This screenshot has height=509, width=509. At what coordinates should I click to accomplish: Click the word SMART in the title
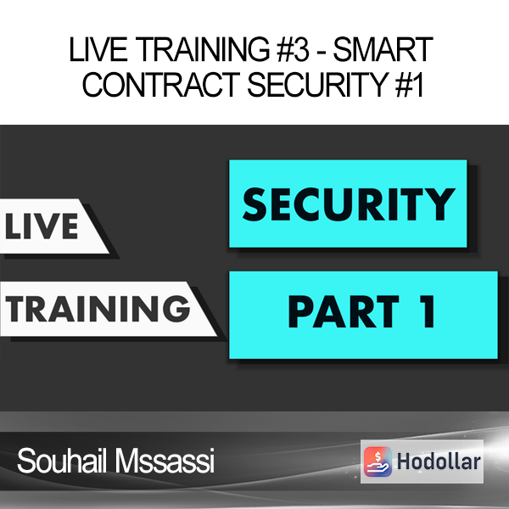(383, 50)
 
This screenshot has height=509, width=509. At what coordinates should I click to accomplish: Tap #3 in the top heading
(293, 50)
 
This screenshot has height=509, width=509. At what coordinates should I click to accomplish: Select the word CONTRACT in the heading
(161, 84)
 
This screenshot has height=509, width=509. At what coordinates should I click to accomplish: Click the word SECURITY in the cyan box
(349, 204)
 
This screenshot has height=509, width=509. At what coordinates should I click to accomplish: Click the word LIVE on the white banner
(42, 227)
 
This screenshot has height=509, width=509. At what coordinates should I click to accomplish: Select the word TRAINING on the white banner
(98, 309)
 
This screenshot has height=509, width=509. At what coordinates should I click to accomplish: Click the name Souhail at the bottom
(62, 461)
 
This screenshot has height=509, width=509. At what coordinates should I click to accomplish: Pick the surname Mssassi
(165, 461)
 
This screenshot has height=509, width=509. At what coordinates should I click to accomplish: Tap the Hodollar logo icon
(378, 461)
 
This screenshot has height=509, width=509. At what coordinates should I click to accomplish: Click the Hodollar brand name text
(439, 461)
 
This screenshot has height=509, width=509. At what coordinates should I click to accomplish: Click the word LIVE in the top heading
(98, 50)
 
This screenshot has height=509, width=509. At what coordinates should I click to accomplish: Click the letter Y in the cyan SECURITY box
(439, 204)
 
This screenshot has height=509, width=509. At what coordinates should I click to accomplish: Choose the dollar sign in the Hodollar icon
(378, 456)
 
